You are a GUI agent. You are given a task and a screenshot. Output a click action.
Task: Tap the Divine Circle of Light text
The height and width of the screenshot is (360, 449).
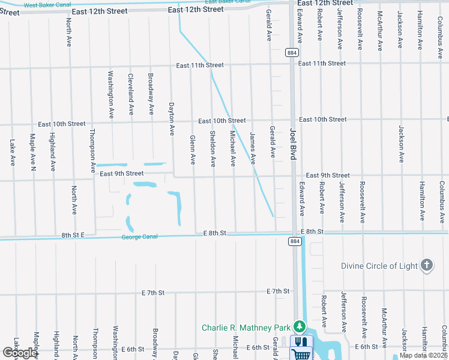click(378, 266)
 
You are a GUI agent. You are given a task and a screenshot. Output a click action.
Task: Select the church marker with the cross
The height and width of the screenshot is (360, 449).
click(427, 265)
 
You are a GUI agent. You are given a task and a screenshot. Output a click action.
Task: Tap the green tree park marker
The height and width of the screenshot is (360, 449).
click(299, 327)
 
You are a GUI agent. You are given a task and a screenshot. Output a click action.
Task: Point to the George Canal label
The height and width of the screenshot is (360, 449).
click(140, 237)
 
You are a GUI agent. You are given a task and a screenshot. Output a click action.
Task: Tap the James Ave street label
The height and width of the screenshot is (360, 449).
click(253, 149)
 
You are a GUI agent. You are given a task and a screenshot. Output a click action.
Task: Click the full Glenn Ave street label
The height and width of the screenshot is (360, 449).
click(193, 149)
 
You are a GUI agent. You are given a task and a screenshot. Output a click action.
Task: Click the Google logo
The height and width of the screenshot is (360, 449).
click(19, 353)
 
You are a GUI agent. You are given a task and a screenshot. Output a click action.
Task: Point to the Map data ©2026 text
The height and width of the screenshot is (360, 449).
click(423, 355)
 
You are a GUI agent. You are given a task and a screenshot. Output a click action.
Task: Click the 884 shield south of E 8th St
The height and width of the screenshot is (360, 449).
click(294, 241)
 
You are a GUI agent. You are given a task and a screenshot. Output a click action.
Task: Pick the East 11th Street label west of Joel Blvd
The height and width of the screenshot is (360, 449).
click(199, 65)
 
